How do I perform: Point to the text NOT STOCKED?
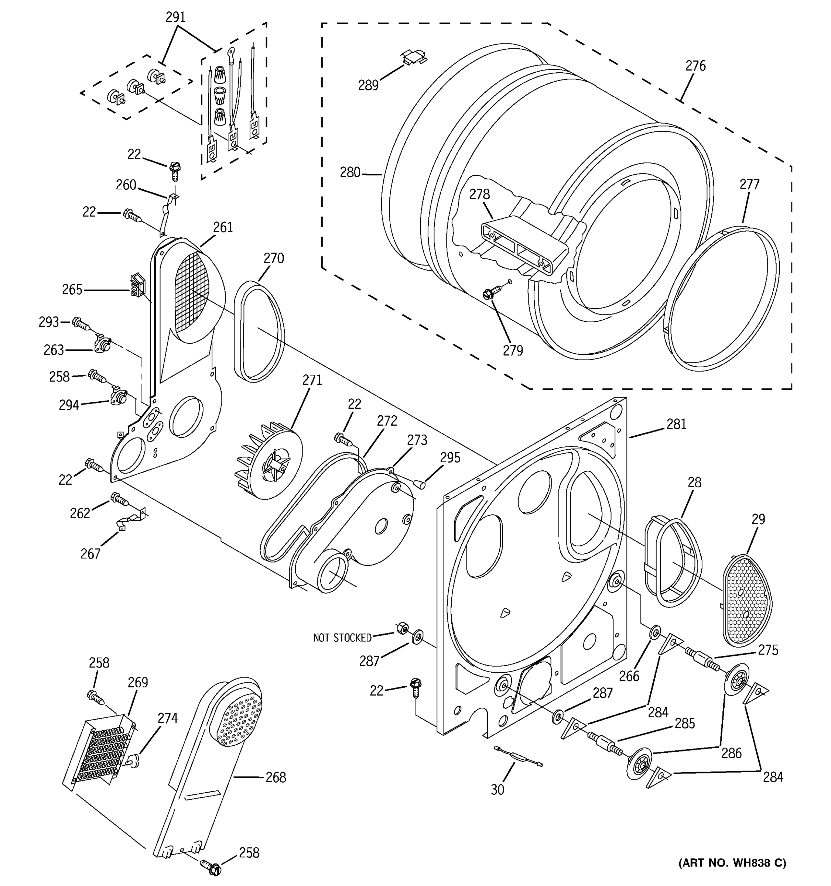click(x=342, y=638)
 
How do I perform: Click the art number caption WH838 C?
click(x=732, y=862)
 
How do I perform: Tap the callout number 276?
click(x=695, y=66)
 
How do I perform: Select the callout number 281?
click(x=676, y=424)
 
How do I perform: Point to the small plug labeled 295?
click(x=418, y=484)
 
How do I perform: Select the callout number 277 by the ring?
click(x=749, y=184)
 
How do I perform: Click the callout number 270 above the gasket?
click(x=273, y=258)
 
